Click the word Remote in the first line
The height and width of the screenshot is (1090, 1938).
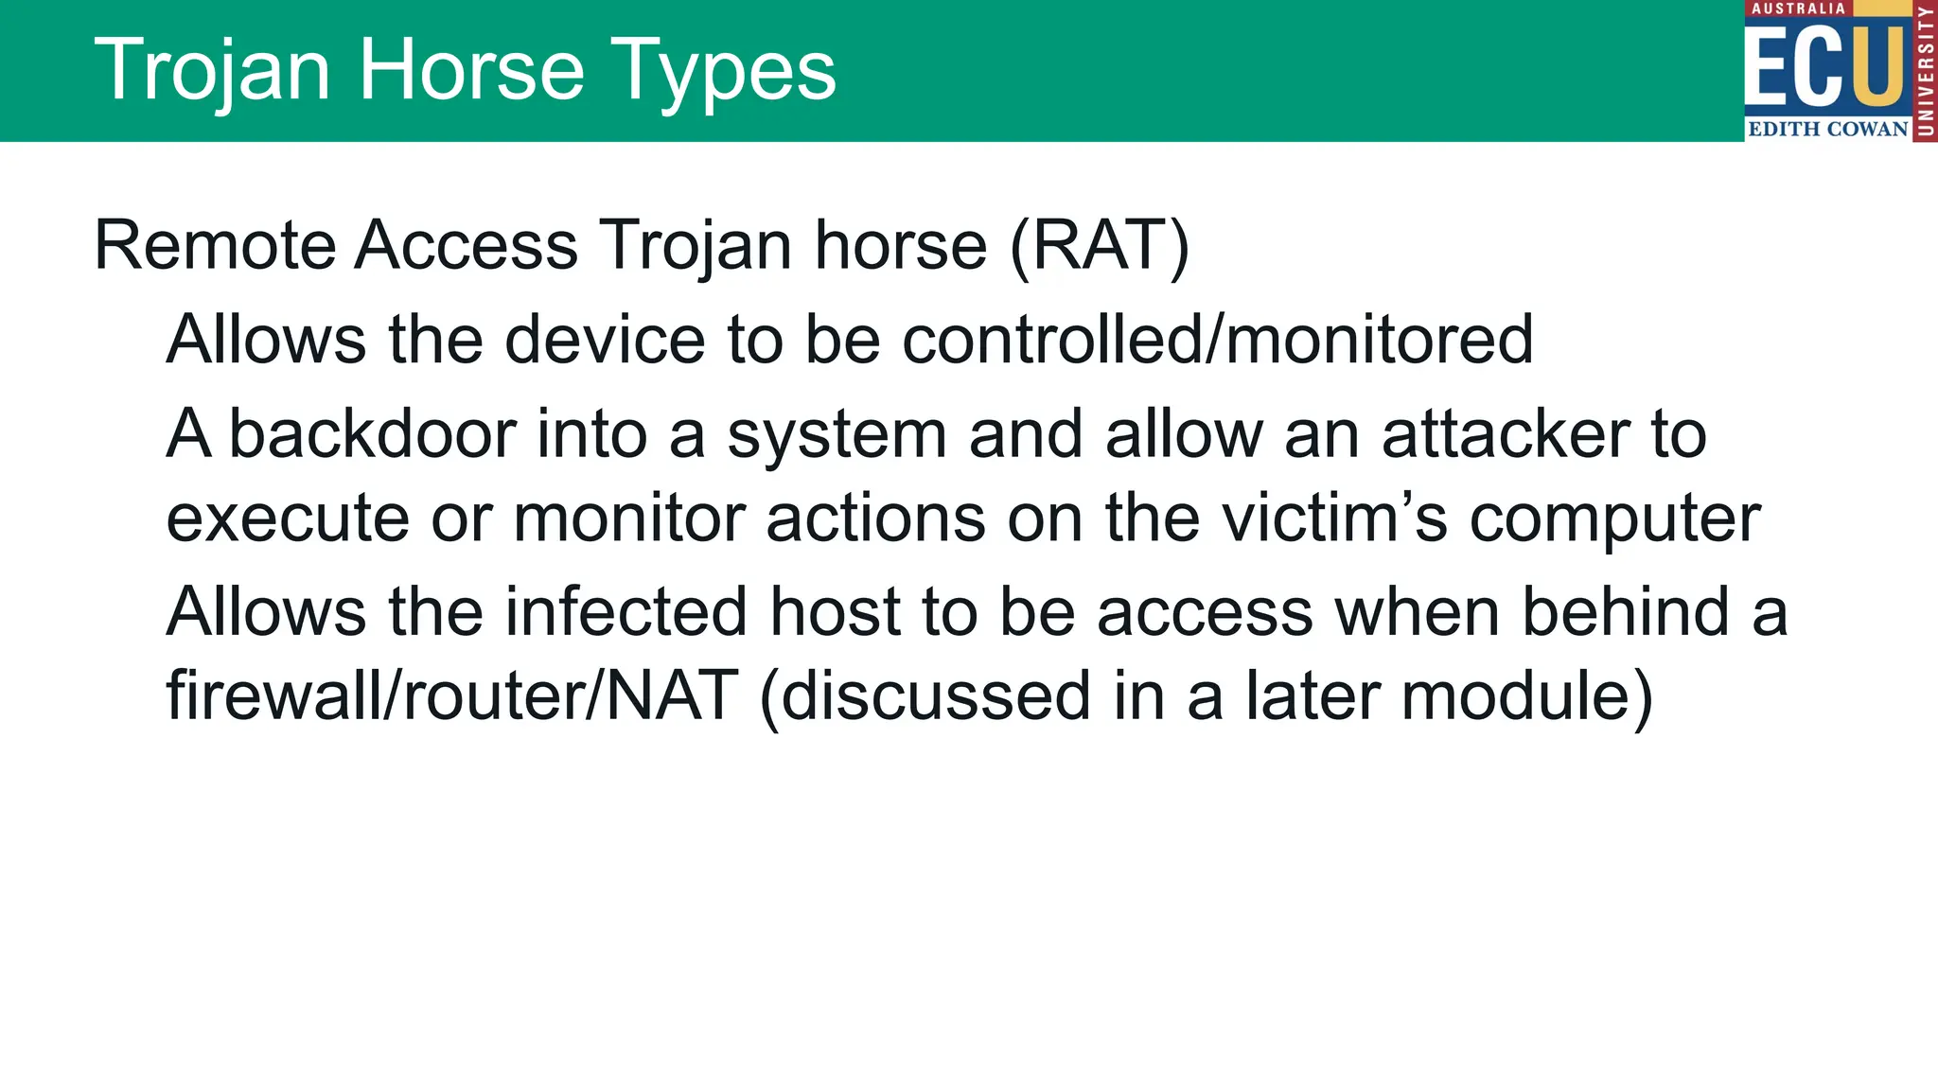pyautogui.click(x=215, y=246)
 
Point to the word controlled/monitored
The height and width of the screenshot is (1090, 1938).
pyautogui.click(x=1217, y=340)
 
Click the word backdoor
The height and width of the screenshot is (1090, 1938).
pyautogui.click(x=372, y=434)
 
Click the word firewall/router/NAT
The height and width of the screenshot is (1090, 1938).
pyautogui.click(x=452, y=696)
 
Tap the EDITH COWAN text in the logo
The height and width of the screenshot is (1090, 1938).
pyautogui.click(x=1827, y=130)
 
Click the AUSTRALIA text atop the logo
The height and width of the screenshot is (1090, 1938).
pyautogui.click(x=1798, y=9)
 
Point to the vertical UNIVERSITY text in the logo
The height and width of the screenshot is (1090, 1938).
pyautogui.click(x=1926, y=71)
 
